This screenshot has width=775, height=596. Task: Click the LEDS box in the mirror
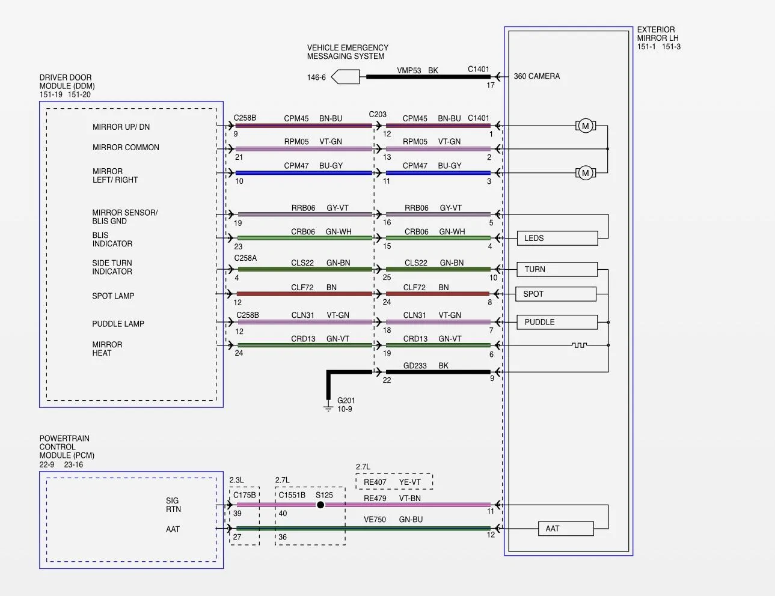point(557,238)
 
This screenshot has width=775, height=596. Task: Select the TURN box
point(557,269)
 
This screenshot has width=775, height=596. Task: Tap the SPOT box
point(556,294)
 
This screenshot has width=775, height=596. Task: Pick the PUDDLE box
point(557,322)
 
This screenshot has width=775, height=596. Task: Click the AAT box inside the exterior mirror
point(566,529)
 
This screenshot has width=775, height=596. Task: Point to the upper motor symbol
point(585,126)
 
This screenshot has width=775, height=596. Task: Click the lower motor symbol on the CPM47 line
point(585,173)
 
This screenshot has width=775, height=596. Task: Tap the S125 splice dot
point(320,505)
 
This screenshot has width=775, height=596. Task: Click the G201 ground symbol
point(328,407)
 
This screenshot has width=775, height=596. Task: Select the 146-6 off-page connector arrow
point(345,77)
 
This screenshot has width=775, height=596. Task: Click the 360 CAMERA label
point(537,76)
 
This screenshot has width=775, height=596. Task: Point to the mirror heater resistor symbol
point(579,345)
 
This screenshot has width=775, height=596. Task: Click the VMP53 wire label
point(409,70)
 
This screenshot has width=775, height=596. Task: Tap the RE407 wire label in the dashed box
point(375,482)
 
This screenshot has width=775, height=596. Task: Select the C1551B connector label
point(292,495)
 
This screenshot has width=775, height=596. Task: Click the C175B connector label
point(244,495)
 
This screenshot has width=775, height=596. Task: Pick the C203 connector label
point(378,114)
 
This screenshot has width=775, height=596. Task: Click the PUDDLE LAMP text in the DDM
point(118,324)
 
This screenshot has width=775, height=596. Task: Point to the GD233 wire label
point(415,365)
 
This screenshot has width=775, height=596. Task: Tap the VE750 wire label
point(375,520)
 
